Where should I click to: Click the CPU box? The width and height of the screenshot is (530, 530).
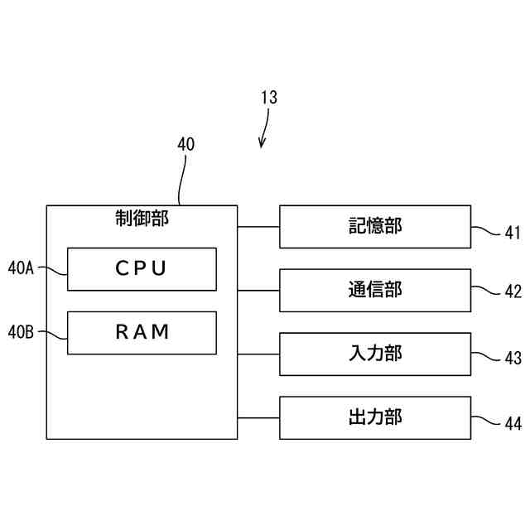(x=142, y=269)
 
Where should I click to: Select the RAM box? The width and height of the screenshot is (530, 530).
(x=142, y=333)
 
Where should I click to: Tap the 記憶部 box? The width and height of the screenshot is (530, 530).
(x=374, y=226)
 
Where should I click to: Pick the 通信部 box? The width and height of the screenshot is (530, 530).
(x=374, y=290)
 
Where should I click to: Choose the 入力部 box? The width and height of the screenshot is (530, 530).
(x=374, y=354)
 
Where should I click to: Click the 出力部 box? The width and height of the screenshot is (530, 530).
(x=374, y=417)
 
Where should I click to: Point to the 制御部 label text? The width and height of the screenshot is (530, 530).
(x=141, y=218)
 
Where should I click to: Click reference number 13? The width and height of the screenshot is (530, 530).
(x=269, y=98)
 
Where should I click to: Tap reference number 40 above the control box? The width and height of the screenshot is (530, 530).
(x=186, y=143)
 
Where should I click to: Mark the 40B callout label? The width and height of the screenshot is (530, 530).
(x=21, y=333)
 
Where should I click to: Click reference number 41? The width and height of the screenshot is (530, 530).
(x=513, y=234)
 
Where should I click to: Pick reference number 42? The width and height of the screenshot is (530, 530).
(x=513, y=291)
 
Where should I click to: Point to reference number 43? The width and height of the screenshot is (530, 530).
(x=513, y=359)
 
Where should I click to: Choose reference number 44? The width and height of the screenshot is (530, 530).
(x=513, y=424)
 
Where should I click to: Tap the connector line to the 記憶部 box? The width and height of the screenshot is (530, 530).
(x=258, y=226)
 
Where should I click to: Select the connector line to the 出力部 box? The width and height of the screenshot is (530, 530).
(x=258, y=417)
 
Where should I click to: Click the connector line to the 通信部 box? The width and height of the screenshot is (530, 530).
(x=258, y=290)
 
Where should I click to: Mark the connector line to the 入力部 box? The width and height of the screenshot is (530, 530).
(x=258, y=354)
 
